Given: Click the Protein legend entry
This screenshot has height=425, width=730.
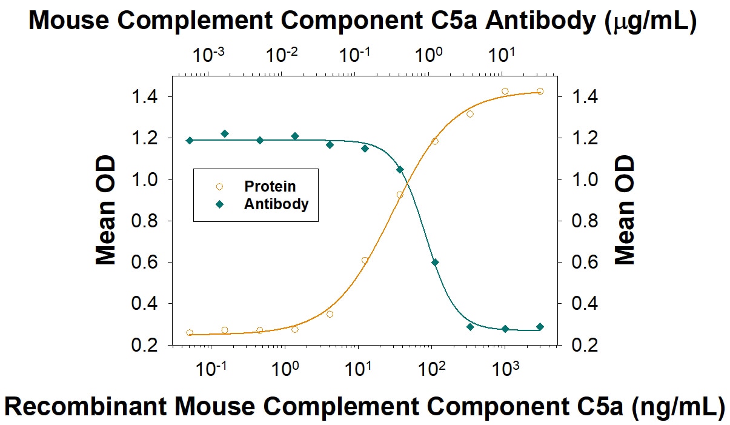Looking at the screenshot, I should (x=270, y=186).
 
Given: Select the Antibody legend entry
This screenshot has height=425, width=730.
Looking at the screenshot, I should (x=276, y=204).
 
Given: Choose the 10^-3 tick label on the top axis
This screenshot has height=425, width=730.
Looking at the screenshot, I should (x=208, y=56).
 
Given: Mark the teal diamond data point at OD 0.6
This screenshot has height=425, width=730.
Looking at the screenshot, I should (x=435, y=262).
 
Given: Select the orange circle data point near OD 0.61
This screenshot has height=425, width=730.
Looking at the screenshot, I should (x=365, y=260).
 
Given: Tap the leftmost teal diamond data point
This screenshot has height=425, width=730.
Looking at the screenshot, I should (x=190, y=140).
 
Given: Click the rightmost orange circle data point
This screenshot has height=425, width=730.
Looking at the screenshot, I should (x=540, y=92).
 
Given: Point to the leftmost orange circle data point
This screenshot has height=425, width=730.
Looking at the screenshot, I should (x=190, y=332).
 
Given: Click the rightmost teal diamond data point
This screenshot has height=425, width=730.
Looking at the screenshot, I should (x=540, y=327).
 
